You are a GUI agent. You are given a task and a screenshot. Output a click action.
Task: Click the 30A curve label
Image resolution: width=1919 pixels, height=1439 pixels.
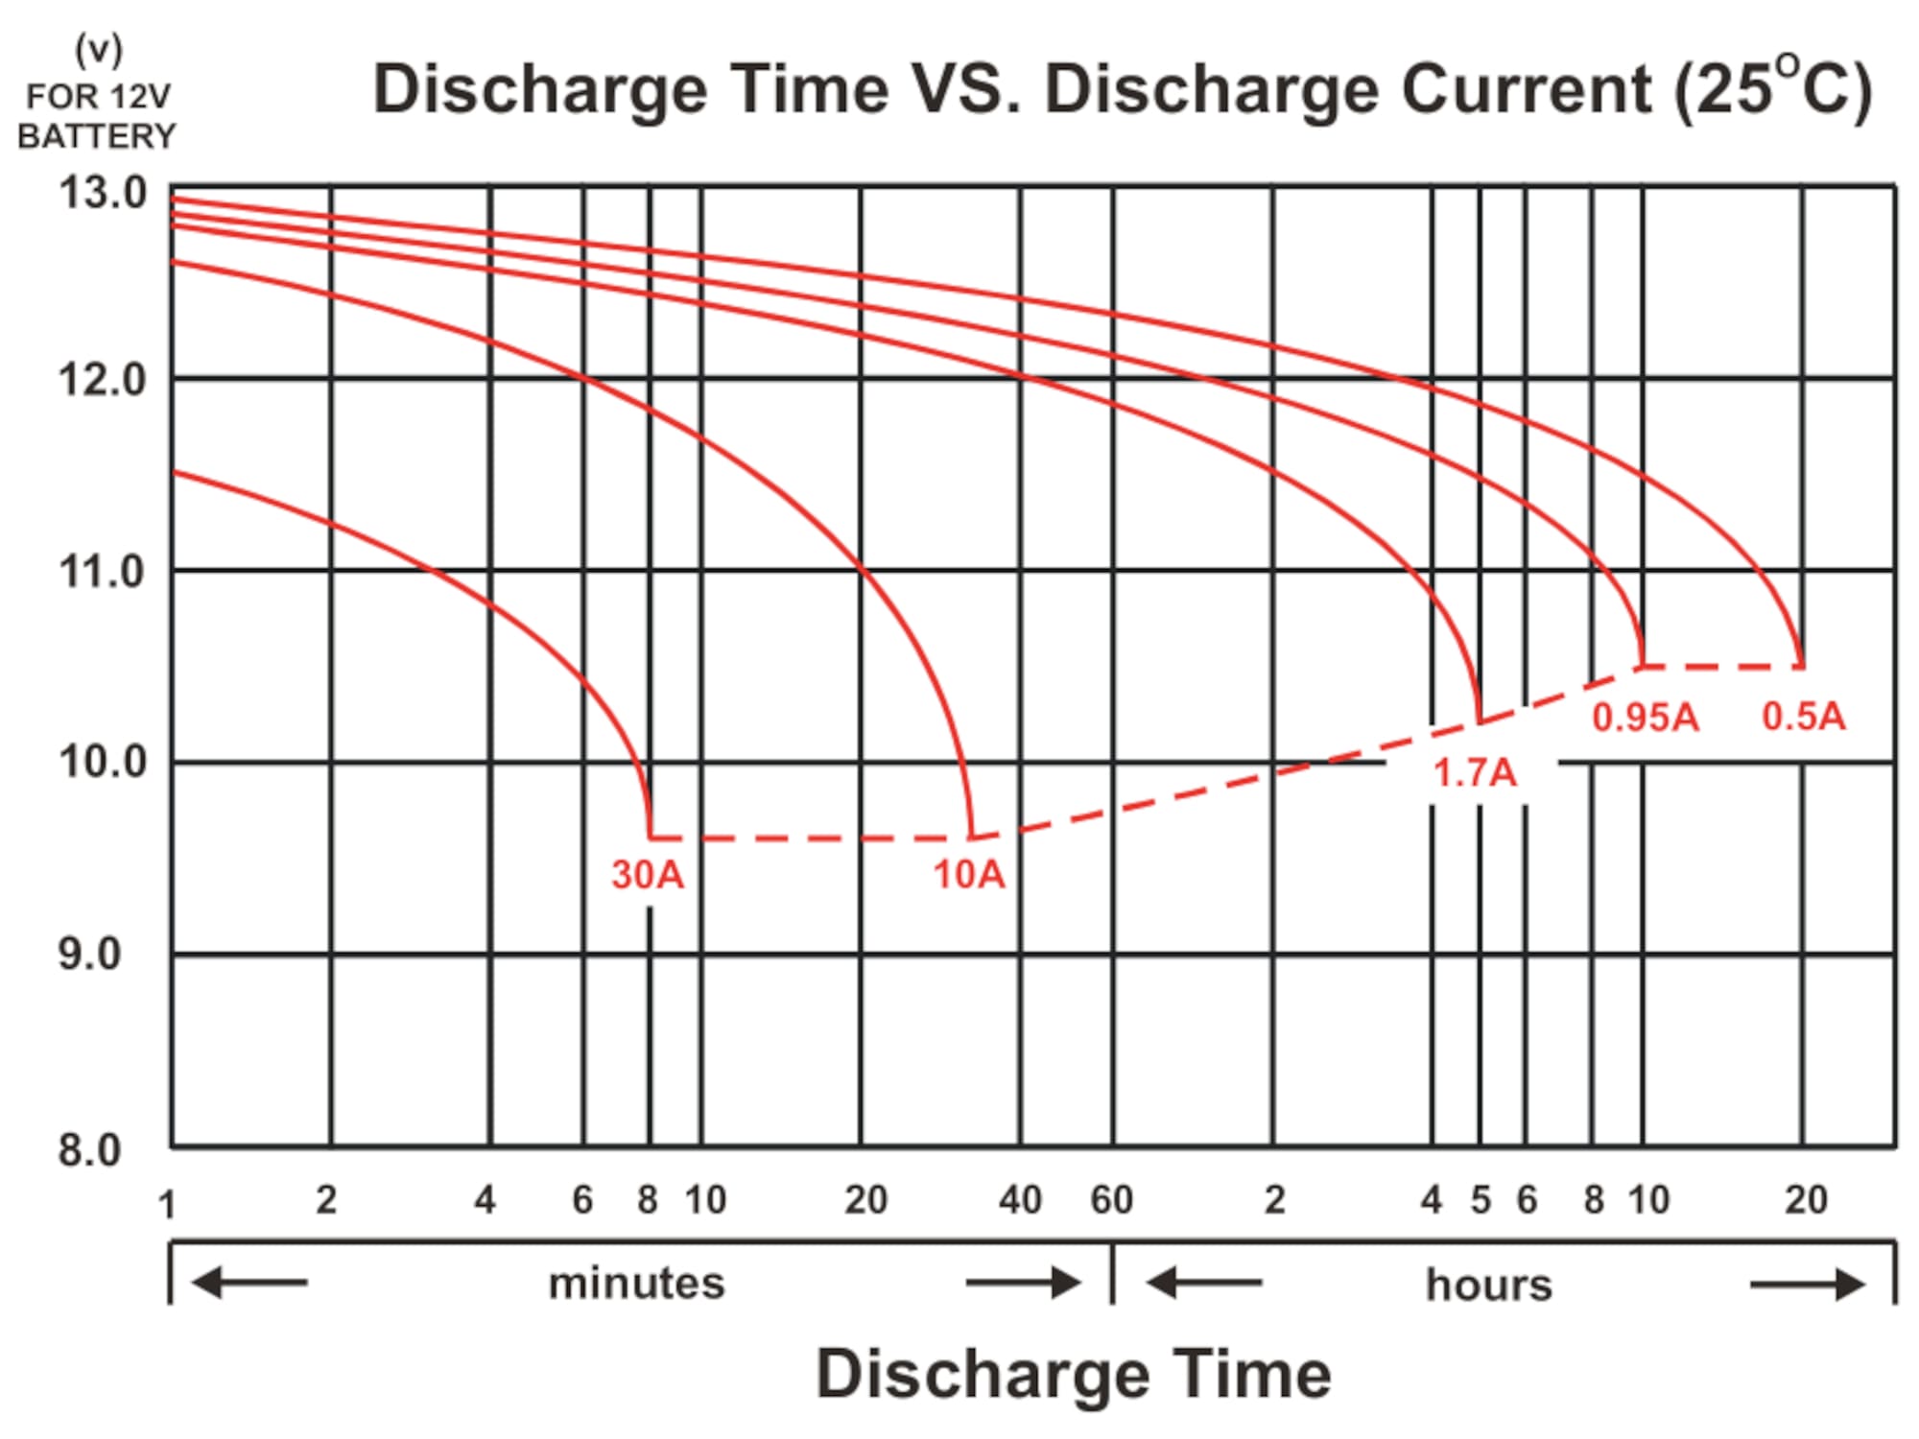[x=648, y=874]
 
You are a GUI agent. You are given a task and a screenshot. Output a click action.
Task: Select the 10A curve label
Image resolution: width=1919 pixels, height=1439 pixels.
[x=969, y=874]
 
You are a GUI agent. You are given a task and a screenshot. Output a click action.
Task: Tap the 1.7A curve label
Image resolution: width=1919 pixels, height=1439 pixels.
[x=1475, y=772]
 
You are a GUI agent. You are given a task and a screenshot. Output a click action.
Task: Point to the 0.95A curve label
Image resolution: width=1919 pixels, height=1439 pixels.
[x=1646, y=717]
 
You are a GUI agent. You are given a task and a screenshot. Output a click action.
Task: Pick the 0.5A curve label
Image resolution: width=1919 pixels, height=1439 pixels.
[x=1804, y=716]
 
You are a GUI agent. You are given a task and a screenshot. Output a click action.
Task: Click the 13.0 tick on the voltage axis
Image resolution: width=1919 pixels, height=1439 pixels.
[x=103, y=193]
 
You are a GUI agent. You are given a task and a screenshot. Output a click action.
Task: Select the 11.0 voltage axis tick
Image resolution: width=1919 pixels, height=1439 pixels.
[x=103, y=572]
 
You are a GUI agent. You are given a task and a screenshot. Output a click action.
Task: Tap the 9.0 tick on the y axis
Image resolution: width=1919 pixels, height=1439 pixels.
[x=90, y=954]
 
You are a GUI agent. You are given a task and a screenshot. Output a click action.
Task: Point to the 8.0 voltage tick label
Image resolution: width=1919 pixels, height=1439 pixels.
[x=90, y=1149]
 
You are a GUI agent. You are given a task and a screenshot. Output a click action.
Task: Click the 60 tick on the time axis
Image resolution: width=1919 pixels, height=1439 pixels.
[x=1112, y=1200]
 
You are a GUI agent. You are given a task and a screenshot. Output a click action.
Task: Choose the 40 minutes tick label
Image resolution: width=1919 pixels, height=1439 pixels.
[x=1020, y=1200]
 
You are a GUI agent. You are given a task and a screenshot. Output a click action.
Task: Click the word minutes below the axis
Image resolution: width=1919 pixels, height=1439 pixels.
[x=636, y=1284]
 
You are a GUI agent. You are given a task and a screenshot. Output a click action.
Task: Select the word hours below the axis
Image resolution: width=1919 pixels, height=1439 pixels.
[x=1488, y=1285]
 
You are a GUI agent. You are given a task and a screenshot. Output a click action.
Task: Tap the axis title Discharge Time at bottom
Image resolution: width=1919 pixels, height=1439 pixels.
[x=1074, y=1374]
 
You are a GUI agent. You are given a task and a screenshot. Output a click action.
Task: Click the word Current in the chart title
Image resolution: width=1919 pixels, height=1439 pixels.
[x=1527, y=89]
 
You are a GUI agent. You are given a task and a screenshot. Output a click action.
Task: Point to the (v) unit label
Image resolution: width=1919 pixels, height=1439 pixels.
[x=99, y=51]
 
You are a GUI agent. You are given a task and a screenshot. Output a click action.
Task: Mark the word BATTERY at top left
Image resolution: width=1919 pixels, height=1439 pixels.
[x=97, y=136]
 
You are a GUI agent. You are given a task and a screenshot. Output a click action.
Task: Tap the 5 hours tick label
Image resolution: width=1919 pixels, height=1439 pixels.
[x=1481, y=1200]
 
